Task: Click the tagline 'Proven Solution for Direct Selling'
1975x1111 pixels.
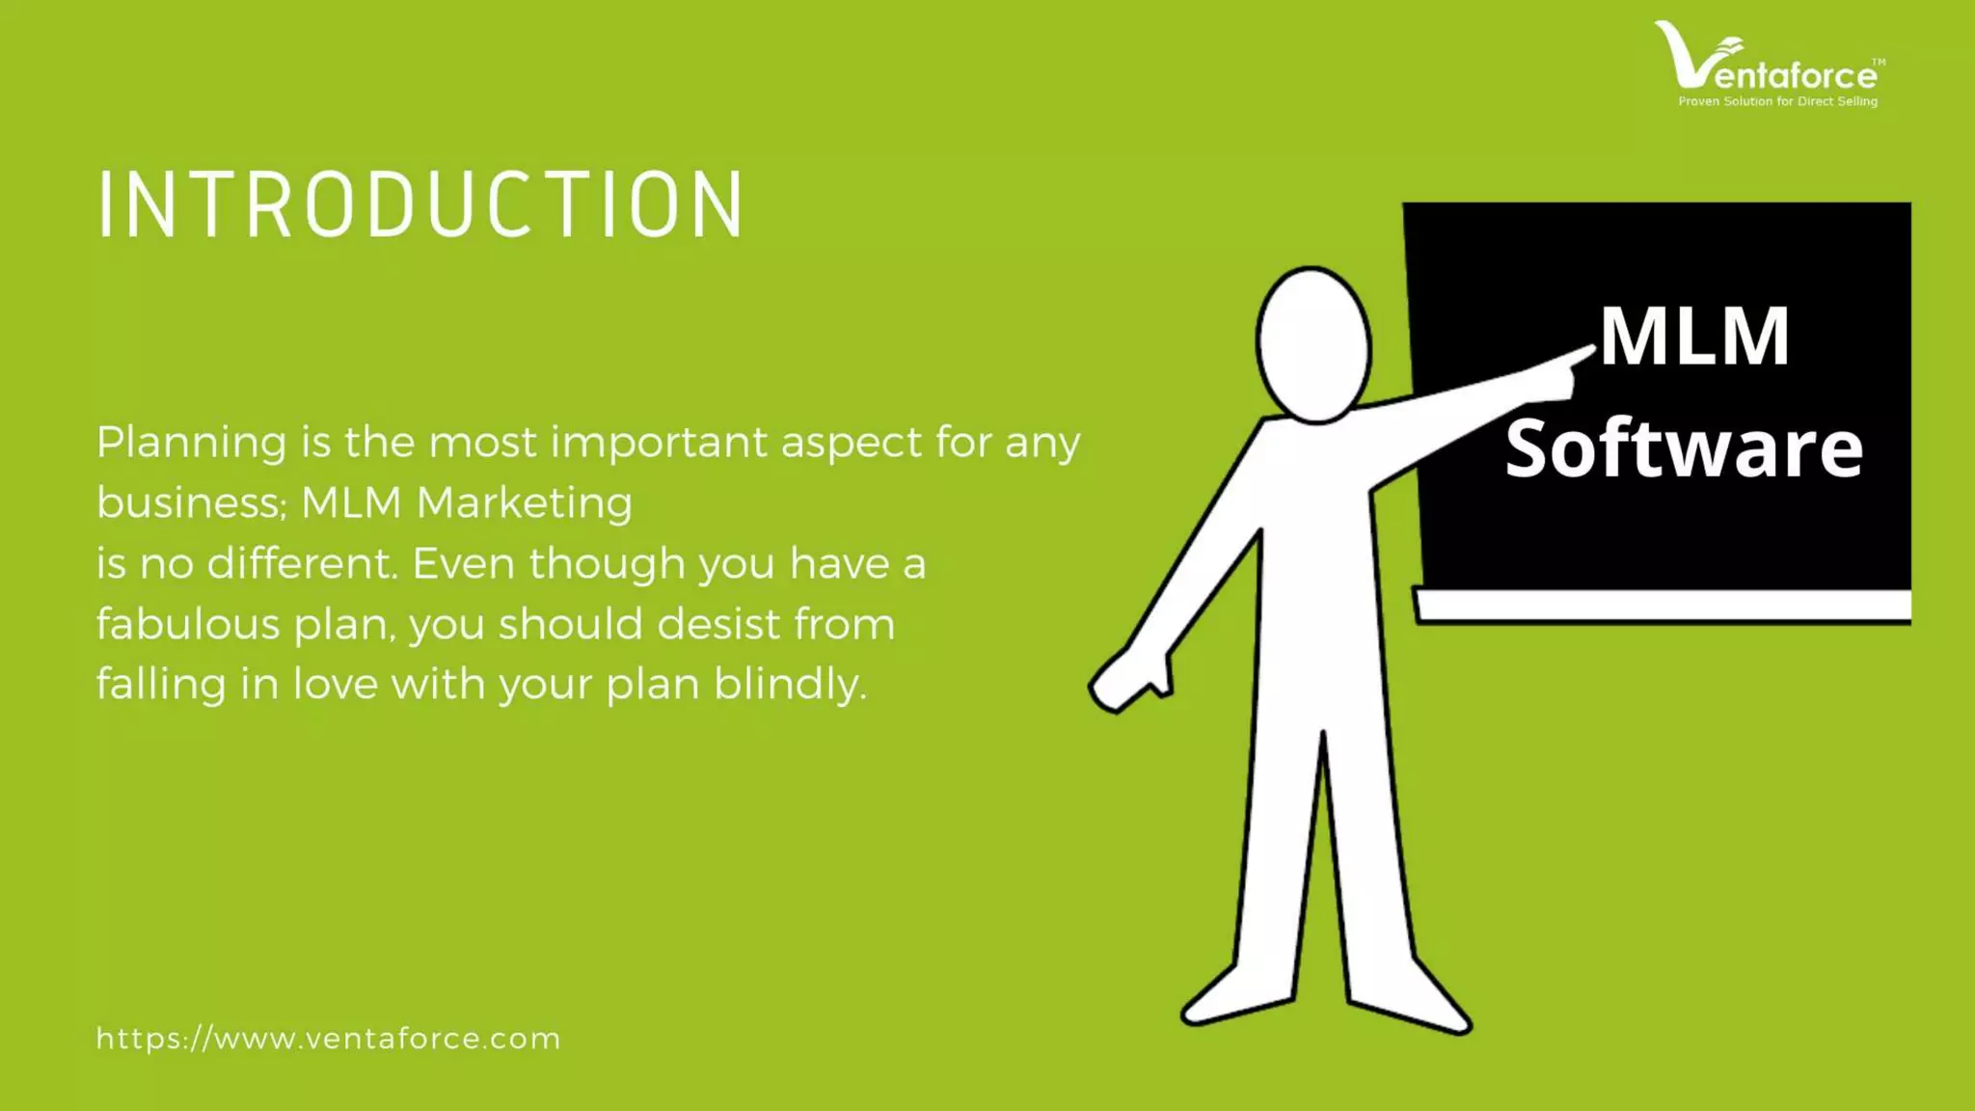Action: point(1777,101)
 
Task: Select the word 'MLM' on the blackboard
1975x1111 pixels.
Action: point(1694,337)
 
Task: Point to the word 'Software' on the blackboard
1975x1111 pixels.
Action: point(1684,448)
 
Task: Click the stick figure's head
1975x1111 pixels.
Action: point(1313,343)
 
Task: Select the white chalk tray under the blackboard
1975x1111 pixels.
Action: point(1663,606)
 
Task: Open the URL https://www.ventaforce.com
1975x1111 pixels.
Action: point(328,1039)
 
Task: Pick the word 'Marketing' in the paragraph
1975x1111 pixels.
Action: point(524,503)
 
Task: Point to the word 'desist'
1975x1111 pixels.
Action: point(719,624)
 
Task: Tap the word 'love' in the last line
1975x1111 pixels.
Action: point(336,684)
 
